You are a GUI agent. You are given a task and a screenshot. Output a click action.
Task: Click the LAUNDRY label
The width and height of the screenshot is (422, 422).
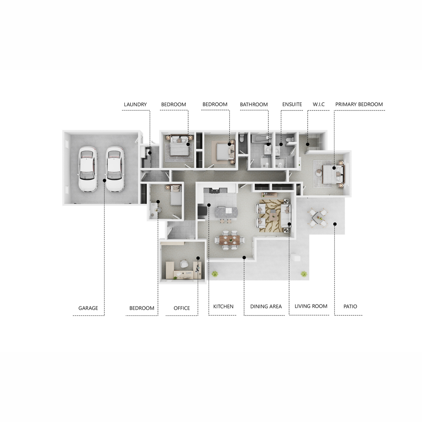[135, 104]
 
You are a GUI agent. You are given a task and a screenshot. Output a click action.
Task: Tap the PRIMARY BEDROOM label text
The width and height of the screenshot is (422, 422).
[359, 104]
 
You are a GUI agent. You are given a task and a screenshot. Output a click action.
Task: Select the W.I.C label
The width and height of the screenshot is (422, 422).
[318, 104]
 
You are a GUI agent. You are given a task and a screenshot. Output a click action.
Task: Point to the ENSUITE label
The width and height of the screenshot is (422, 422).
[292, 104]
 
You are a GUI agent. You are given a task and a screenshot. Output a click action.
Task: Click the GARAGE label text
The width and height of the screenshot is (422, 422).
[88, 308]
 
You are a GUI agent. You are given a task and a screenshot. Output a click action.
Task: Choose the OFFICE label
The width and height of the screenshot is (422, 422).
[181, 308]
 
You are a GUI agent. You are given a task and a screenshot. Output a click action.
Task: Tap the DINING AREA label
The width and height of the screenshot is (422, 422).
[266, 306]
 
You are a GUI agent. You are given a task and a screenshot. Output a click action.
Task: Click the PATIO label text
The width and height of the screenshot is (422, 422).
[350, 306]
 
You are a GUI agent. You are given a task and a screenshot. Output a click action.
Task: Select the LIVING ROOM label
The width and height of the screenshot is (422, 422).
[311, 306]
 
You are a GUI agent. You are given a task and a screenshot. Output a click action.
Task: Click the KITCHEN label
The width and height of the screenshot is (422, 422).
[223, 306]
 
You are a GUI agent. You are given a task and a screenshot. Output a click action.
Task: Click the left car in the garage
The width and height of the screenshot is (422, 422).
[88, 169]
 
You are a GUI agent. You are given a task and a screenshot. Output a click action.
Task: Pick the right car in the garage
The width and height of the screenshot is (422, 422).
[115, 169]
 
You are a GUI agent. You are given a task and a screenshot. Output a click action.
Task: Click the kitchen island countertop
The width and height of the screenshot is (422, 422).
[226, 212]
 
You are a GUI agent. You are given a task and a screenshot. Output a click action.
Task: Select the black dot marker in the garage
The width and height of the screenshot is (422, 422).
[104, 180]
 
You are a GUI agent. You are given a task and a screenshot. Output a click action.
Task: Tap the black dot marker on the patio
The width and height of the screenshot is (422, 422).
[335, 224]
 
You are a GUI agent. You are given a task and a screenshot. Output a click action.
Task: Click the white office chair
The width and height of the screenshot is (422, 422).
[184, 263]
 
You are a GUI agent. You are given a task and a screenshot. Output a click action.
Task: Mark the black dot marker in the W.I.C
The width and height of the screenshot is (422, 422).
[307, 144]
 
